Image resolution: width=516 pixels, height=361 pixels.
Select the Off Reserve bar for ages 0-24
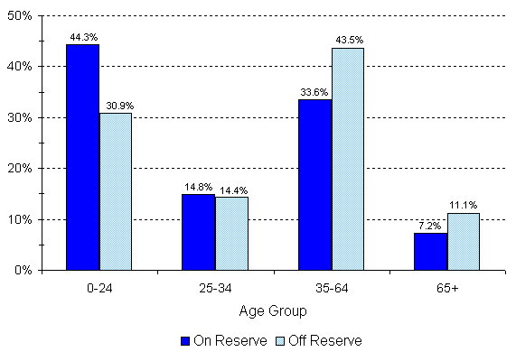click(115, 190)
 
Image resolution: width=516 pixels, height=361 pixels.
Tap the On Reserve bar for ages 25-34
click(198, 232)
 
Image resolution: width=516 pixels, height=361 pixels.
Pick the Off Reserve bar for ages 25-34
click(231, 233)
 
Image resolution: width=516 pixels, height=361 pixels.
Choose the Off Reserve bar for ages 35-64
click(347, 159)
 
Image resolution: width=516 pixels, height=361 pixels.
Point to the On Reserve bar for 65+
click(430, 251)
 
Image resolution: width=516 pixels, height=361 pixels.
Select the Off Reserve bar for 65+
click(464, 241)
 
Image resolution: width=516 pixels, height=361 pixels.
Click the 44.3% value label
click(82, 37)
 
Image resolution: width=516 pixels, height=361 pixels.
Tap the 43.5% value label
click(348, 41)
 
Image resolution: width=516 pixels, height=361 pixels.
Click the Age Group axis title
click(272, 310)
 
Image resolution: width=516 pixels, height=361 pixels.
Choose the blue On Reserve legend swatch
click(185, 341)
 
